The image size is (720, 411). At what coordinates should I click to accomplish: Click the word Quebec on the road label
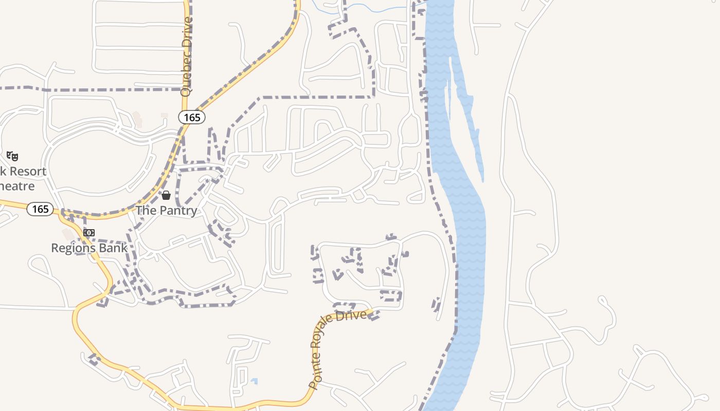(186, 79)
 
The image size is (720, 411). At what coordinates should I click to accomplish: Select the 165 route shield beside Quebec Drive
(192, 117)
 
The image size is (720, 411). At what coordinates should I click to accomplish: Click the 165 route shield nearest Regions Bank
(40, 209)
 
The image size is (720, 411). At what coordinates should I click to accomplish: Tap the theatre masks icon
(12, 156)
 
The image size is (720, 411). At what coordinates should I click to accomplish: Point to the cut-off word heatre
(17, 186)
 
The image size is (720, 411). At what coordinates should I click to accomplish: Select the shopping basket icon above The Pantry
(166, 195)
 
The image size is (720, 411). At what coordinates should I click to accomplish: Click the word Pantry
(178, 211)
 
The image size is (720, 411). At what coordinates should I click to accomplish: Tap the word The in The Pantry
(146, 211)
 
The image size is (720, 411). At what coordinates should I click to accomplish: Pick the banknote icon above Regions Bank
(89, 233)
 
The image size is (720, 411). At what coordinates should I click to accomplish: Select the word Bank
(113, 248)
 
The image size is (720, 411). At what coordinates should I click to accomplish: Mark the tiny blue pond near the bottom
(254, 381)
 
